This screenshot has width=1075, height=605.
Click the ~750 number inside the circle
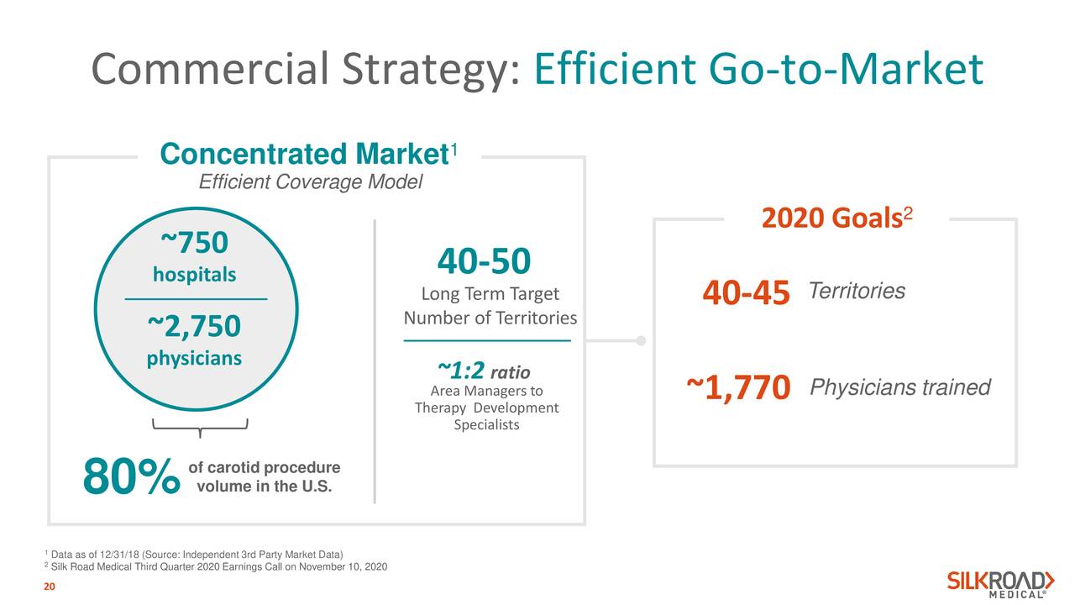click(194, 243)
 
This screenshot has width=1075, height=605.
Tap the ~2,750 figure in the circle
click(194, 326)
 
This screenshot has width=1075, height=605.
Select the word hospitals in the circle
click(194, 275)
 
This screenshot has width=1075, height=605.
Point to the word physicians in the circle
click(194, 358)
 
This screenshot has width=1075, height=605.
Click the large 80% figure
click(132, 476)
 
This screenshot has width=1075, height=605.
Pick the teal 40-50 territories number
click(485, 261)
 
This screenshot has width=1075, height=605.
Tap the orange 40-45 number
click(747, 292)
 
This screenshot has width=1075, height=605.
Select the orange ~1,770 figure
click(738, 387)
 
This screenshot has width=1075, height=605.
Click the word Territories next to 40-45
click(857, 291)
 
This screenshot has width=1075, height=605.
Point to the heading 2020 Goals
click(837, 218)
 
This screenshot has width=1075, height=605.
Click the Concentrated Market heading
click(308, 154)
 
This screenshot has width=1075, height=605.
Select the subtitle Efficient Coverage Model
click(311, 182)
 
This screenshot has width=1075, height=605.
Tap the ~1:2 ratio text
click(484, 371)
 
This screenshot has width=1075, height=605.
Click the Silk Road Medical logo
click(1001, 584)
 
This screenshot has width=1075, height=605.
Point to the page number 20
click(50, 587)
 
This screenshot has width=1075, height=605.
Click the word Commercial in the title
click(210, 69)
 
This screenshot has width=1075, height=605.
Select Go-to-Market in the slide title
click(846, 69)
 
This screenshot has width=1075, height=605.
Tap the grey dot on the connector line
click(641, 340)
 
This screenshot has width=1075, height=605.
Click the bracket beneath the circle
click(200, 426)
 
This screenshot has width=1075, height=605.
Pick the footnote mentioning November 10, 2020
click(216, 567)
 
